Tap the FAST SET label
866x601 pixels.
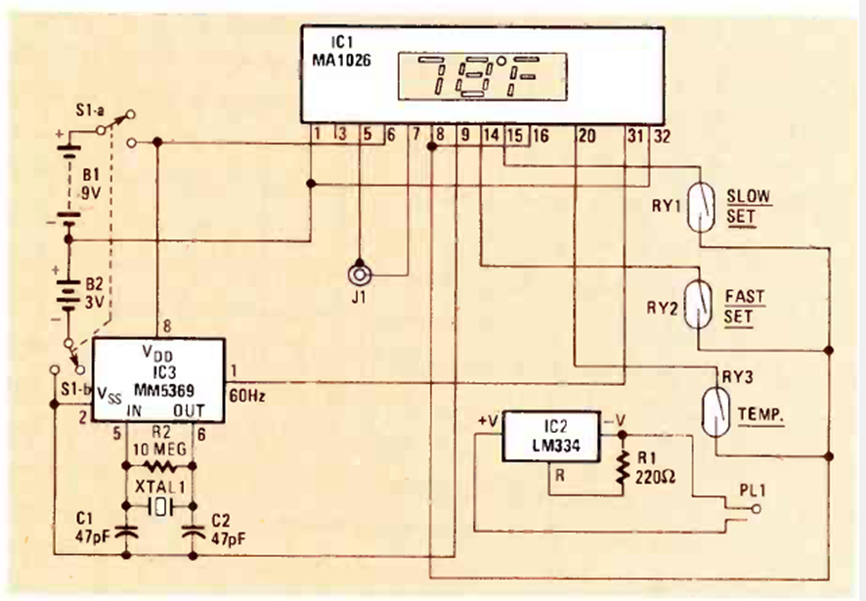745,305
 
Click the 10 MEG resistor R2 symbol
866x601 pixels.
159,469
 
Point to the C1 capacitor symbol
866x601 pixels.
125,534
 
